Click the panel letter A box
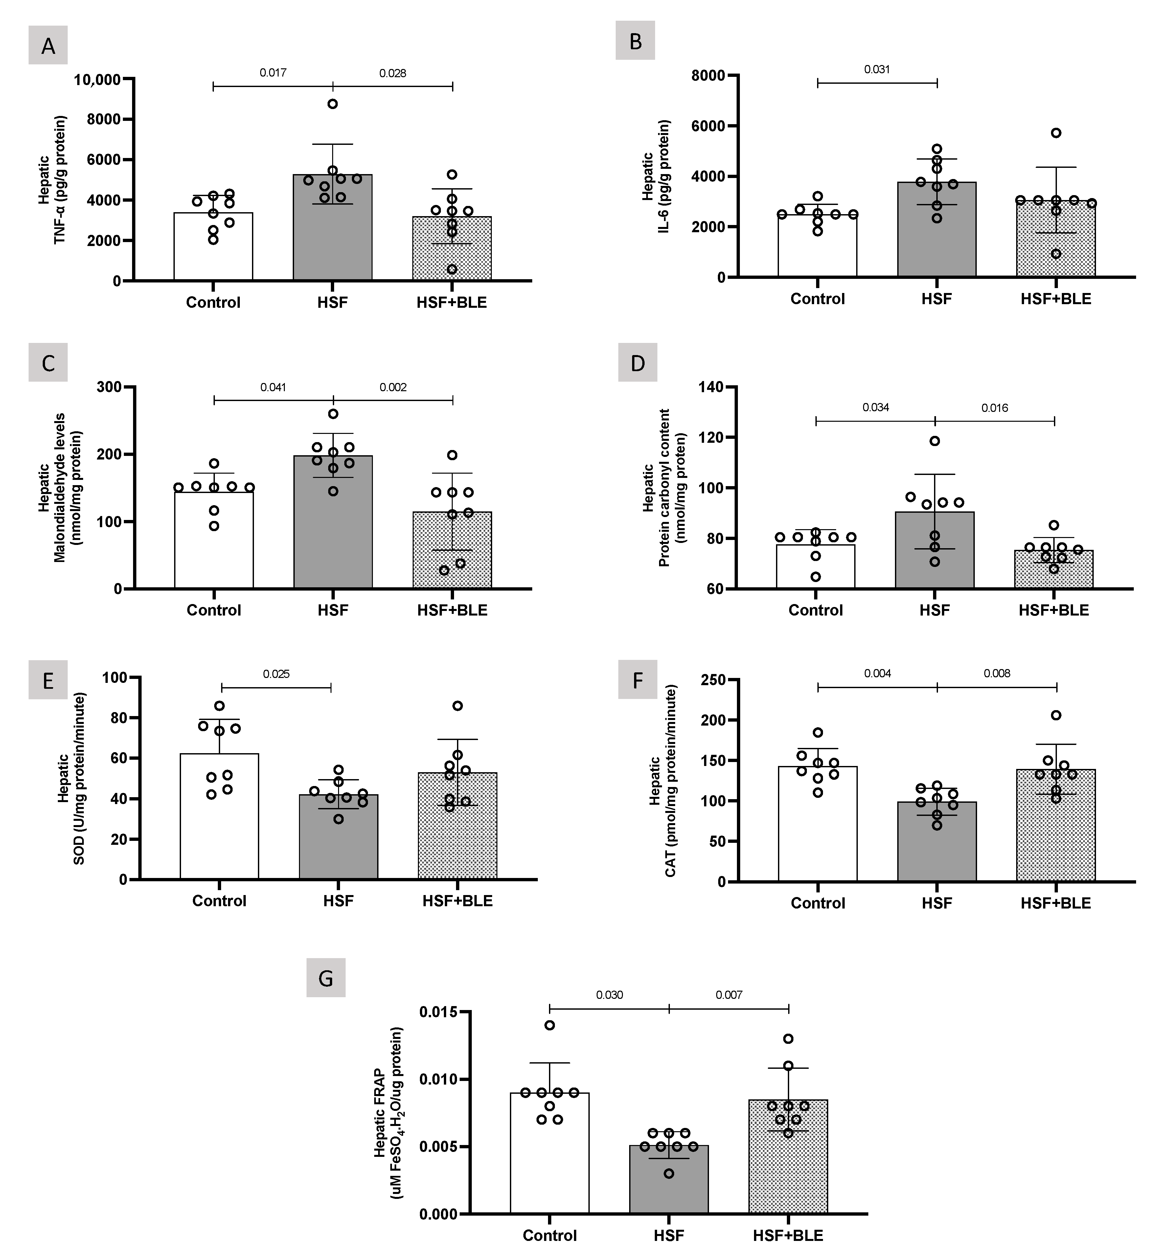pyautogui.click(x=48, y=45)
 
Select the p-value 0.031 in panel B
pyautogui.click(x=877, y=69)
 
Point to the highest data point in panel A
pyautogui.click(x=332, y=104)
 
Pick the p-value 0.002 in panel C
pyautogui.click(x=393, y=387)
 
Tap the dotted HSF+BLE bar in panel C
pyautogui.click(x=452, y=555)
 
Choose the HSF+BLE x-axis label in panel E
pyautogui.click(x=458, y=901)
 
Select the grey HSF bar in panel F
pyautogui.click(x=937, y=844)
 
